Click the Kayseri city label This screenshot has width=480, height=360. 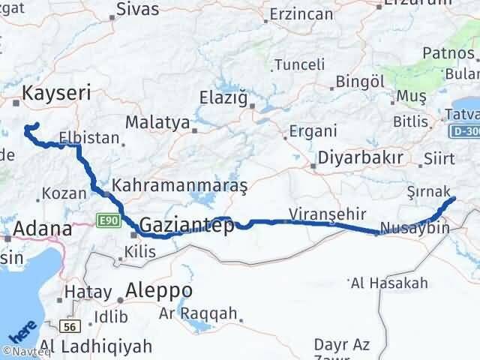(x=57, y=93)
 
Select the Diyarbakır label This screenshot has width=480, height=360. (x=361, y=158)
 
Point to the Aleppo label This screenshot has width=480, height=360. (x=160, y=290)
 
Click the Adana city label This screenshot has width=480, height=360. (x=42, y=229)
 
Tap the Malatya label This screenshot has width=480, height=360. (x=157, y=121)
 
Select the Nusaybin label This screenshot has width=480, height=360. (x=415, y=228)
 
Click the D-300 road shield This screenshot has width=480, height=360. (x=465, y=132)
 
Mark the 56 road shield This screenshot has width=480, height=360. (x=71, y=328)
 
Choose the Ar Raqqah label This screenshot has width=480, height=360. (x=198, y=313)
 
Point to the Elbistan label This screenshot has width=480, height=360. (x=94, y=138)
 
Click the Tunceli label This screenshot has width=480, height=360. (x=298, y=64)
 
